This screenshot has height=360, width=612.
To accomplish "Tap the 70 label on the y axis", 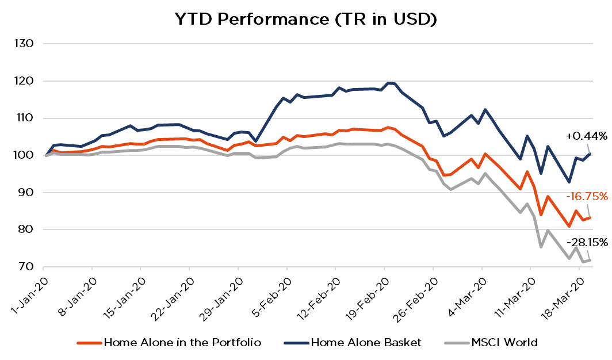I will pos(26,267).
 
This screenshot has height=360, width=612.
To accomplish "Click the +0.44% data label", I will pos(586,136).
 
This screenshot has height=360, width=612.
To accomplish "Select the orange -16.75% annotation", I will pos(586,197).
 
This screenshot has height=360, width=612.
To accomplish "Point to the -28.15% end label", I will pos(586,243).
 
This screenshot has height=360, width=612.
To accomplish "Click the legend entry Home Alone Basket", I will pos(366,343).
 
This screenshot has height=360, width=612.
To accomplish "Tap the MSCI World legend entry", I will pos(504,343).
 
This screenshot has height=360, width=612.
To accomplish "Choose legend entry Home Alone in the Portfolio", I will pos(182,343).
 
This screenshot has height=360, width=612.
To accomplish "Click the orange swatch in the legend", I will pos(89,343).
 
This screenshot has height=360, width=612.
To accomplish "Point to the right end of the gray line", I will pos(591,260).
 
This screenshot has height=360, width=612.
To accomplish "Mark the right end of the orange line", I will pos(591,217).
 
